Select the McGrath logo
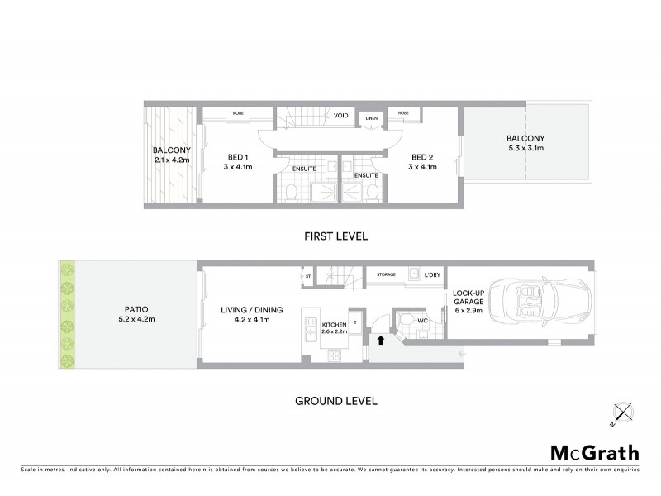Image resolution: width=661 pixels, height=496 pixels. click(594, 452)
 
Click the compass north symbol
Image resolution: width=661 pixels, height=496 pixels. click(622, 413)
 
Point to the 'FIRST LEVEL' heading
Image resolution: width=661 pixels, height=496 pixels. click(335, 236)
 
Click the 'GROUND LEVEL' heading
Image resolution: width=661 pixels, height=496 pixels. click(335, 401)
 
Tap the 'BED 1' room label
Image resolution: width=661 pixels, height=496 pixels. click(238, 157)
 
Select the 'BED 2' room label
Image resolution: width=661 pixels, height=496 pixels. click(422, 157)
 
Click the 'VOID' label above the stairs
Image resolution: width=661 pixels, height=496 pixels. click(340, 116)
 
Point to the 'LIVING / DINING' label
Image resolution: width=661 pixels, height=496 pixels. click(251, 310)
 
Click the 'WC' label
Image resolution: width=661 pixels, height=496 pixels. click(422, 320)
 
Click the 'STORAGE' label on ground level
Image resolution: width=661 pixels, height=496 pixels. click(386, 274)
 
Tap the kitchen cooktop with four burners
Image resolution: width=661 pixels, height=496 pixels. click(335, 355)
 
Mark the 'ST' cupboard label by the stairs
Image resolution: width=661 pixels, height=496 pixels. click(308, 275)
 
